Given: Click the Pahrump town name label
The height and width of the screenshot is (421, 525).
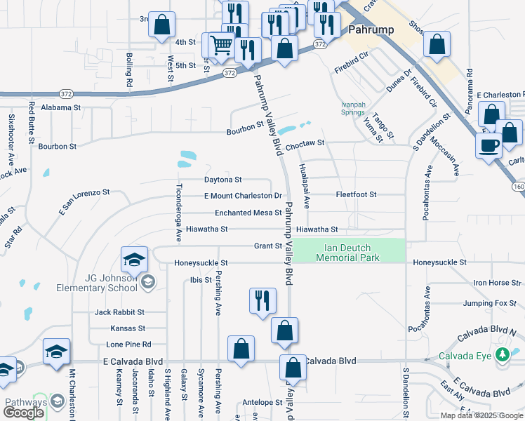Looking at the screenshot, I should (x=369, y=30).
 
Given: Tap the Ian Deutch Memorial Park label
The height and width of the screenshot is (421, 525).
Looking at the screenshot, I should (x=348, y=253).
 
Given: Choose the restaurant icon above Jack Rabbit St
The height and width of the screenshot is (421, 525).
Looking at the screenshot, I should (x=262, y=300).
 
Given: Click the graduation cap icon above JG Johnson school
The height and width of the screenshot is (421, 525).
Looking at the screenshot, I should (x=134, y=260).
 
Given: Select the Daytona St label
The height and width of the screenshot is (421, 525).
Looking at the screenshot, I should (x=222, y=180).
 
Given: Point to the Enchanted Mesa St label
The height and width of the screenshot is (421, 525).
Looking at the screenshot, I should (x=248, y=213).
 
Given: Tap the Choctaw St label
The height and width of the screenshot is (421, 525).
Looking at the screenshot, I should (x=305, y=143).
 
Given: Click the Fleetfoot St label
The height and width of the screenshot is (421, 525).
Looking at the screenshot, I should (x=356, y=194).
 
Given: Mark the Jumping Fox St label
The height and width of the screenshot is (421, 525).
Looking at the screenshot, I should (x=489, y=304).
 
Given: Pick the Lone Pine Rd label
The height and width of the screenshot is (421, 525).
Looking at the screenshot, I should (x=128, y=345).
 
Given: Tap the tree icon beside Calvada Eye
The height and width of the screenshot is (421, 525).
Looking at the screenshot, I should (x=502, y=355).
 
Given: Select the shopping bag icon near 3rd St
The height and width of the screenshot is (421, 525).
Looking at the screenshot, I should (x=162, y=25).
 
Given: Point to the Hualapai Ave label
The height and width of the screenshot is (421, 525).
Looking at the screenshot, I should (x=305, y=187).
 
